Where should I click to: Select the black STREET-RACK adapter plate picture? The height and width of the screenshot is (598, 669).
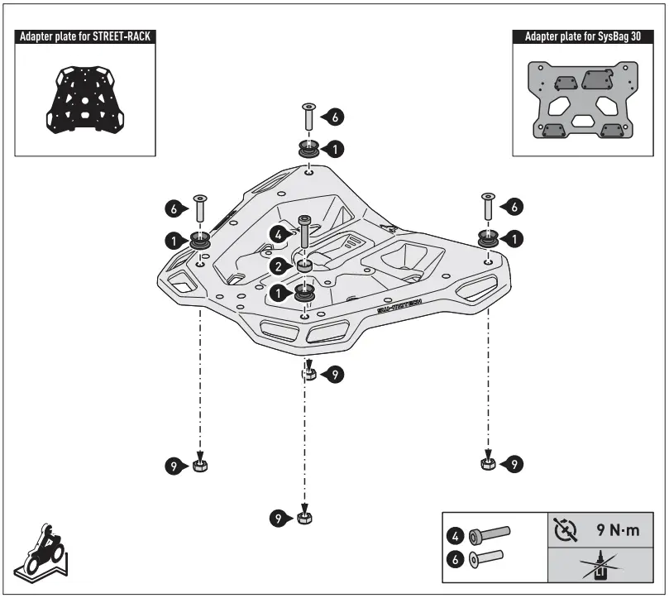click(85, 98)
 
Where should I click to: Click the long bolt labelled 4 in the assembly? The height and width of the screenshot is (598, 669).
click(305, 234)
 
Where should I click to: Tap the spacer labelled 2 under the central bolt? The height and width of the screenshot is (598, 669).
click(305, 266)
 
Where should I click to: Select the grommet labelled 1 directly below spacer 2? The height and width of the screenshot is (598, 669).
click(305, 294)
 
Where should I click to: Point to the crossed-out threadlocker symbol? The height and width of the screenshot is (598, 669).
click(598, 567)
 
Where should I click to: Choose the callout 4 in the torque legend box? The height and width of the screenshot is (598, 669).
click(455, 533)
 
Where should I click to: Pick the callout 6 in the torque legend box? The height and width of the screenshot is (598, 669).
click(455, 559)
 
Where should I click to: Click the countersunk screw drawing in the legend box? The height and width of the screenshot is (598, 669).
click(488, 559)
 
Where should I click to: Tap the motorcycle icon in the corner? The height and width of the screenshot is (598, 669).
click(42, 551)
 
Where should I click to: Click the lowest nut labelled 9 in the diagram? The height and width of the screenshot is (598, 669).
click(304, 519)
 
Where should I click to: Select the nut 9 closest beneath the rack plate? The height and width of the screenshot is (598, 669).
click(307, 375)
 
